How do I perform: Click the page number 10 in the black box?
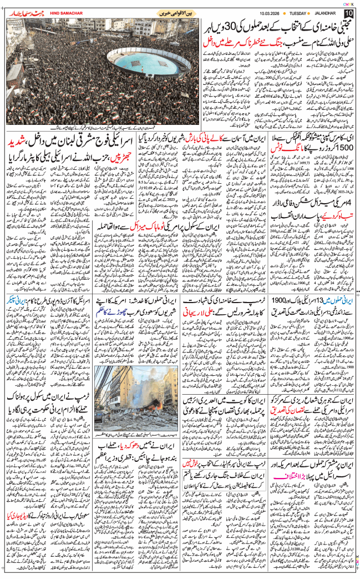(348, 13)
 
